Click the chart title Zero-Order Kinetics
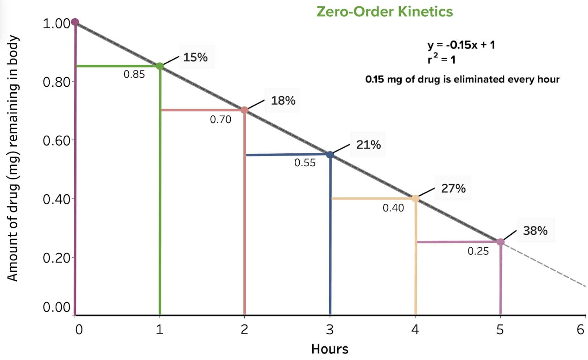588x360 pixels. pos(385,12)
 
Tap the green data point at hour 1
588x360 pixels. pos(160,66)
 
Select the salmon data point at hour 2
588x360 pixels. pos(245,110)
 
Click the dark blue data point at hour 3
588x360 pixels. pos(330,154)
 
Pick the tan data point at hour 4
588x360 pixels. pos(415,199)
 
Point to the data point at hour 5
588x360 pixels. pos(501,242)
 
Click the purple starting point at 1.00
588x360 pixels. pos(75,22)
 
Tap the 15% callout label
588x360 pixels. pos(195,57)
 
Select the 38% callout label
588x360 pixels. pos(535,231)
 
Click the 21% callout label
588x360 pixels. pos(368,144)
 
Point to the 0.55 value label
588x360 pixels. pos(305,163)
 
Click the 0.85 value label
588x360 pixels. pos(134,74)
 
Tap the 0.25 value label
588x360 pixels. pos(478,251)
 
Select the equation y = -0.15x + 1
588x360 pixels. pos(461,45)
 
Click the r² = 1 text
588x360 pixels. pos(442,59)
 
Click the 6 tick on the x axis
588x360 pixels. pos(580,330)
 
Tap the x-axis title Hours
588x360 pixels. pos(330,349)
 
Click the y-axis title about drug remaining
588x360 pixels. pos(13,158)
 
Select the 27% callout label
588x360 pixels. pos(453,188)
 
